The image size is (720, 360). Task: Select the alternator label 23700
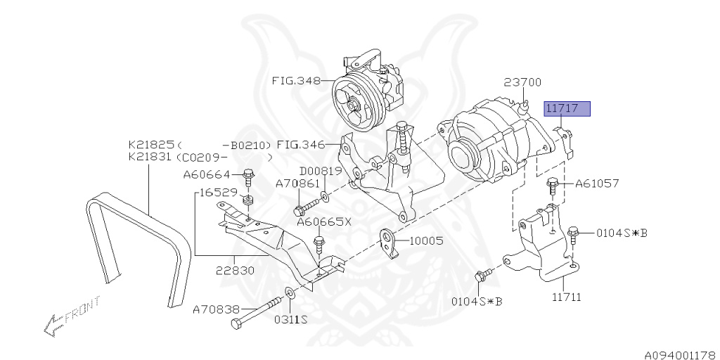pyautogui.click(x=522, y=82)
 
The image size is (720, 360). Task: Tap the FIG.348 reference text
pyautogui.click(x=296, y=80)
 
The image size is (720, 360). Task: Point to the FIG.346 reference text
pyautogui.click(x=300, y=146)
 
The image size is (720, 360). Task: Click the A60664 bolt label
pyautogui.click(x=207, y=174)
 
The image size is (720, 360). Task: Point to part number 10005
pyautogui.click(x=426, y=240)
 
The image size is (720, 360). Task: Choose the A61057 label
pyautogui.click(x=597, y=184)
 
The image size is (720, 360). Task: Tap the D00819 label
pyautogui.click(x=321, y=171)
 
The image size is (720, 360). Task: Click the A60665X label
pyautogui.click(x=323, y=221)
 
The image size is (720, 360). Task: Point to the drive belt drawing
pyautogui.click(x=138, y=246)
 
